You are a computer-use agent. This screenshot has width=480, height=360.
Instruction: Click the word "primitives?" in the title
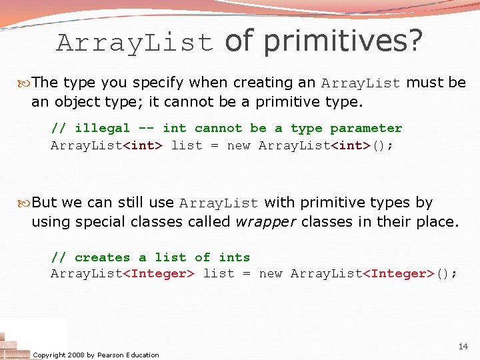(343, 41)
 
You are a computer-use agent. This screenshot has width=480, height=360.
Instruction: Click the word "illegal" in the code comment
(102, 128)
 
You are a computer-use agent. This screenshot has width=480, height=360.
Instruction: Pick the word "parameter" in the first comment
(366, 128)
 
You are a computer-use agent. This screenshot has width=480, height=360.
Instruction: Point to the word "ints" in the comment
(235, 257)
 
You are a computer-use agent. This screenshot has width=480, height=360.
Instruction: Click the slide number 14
(463, 347)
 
